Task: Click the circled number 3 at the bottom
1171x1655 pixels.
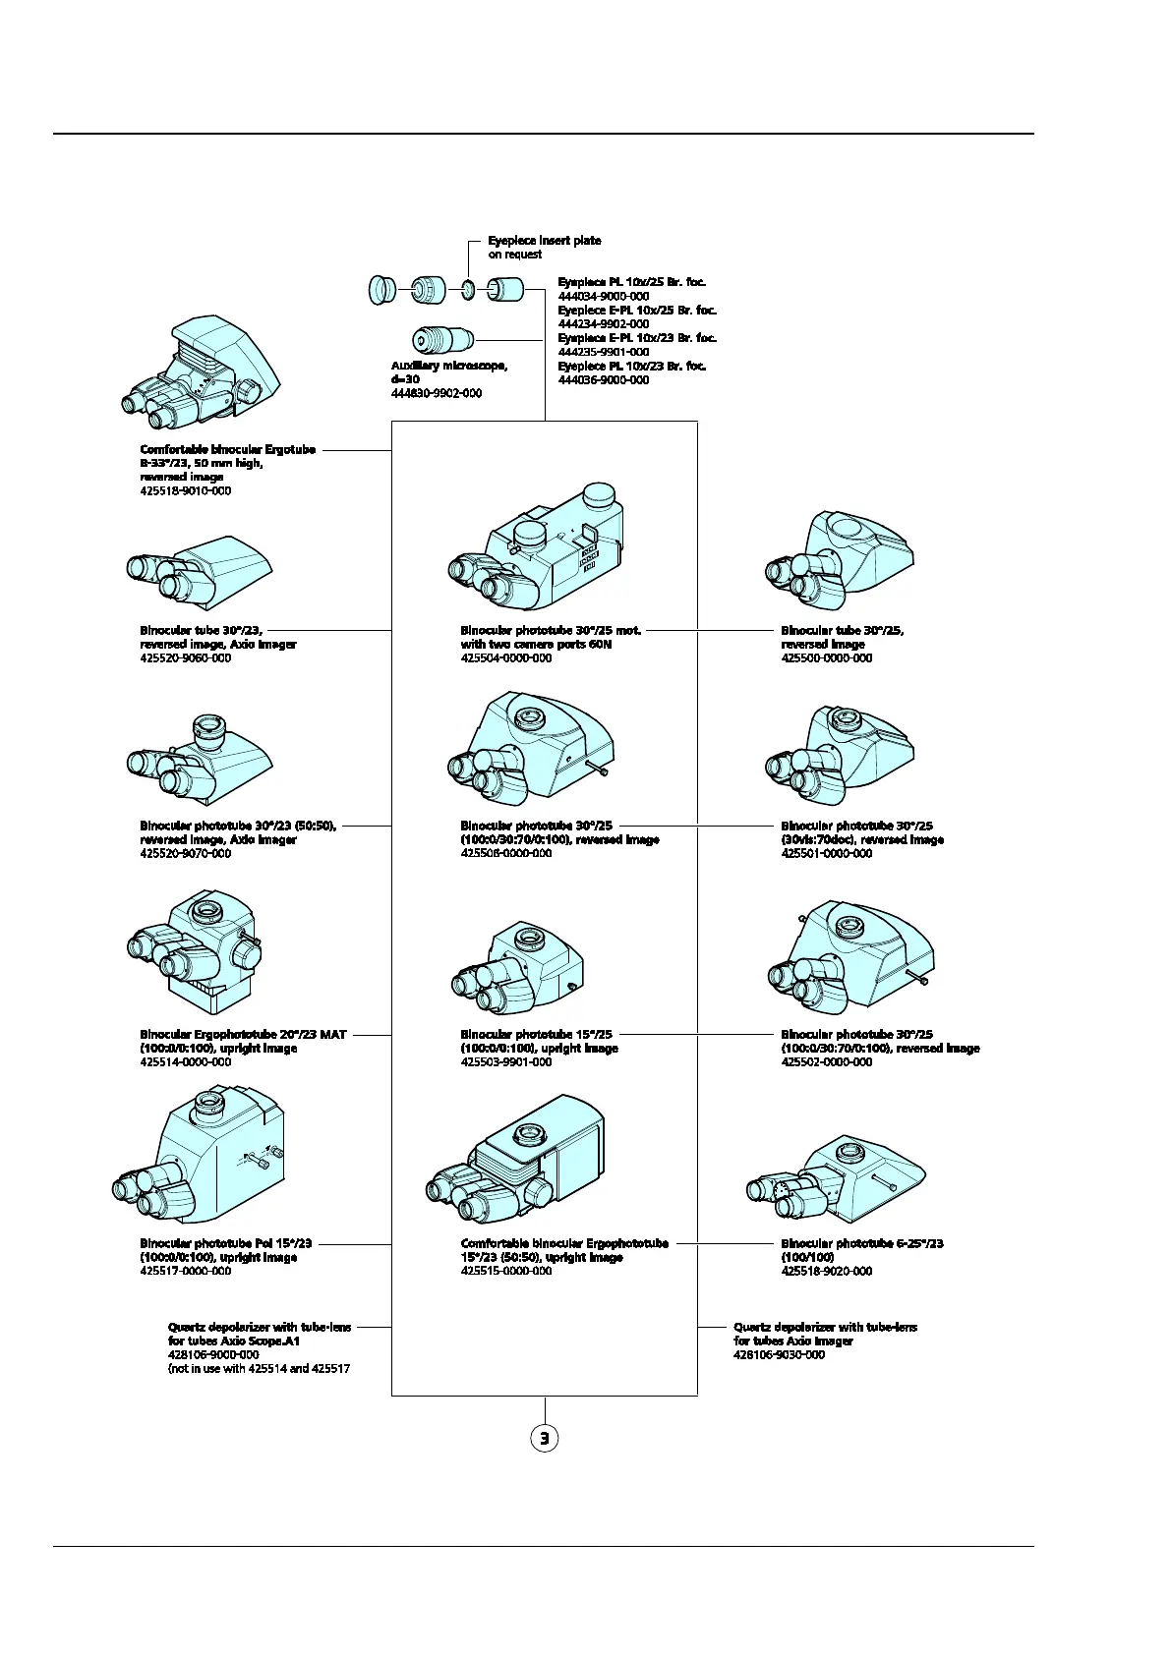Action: (544, 1438)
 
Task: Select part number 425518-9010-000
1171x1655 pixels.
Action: (186, 490)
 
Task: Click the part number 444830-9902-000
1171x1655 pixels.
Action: (437, 393)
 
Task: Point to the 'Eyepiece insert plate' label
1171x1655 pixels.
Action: (544, 241)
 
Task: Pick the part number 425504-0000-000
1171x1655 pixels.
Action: (506, 658)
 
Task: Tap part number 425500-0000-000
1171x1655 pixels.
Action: (827, 658)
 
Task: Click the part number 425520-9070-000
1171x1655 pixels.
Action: (186, 854)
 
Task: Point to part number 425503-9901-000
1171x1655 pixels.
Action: (506, 1062)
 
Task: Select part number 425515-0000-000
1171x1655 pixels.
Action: (506, 1272)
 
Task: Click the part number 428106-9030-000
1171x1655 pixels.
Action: (780, 1355)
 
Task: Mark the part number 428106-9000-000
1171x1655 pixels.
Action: (213, 1355)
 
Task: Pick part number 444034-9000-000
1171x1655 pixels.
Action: (604, 296)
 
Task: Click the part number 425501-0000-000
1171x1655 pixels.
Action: (827, 854)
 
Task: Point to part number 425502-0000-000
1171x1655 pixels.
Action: (827, 1062)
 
